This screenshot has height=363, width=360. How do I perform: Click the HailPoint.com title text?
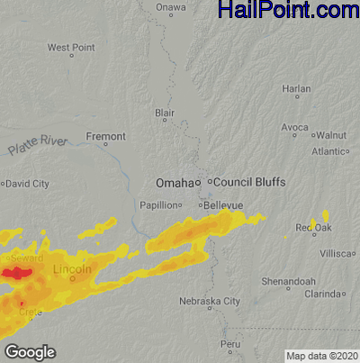288,11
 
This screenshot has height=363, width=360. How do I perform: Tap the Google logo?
30,352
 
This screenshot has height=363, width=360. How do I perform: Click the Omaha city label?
174,182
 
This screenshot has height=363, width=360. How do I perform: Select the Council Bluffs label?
249,182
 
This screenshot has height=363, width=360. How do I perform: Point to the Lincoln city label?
73,269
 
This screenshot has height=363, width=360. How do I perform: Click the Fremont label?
106,136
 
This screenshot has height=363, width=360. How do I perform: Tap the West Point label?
70,47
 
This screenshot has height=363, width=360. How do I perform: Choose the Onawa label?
170,7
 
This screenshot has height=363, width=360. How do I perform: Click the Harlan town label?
296,89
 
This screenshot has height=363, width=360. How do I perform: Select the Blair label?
165,113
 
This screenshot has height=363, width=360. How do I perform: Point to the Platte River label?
38,144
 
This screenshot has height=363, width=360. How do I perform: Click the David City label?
28,184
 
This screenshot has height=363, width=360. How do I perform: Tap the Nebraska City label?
209,301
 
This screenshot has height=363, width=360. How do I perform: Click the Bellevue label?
223,205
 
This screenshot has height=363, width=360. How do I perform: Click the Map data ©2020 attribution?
321,355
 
